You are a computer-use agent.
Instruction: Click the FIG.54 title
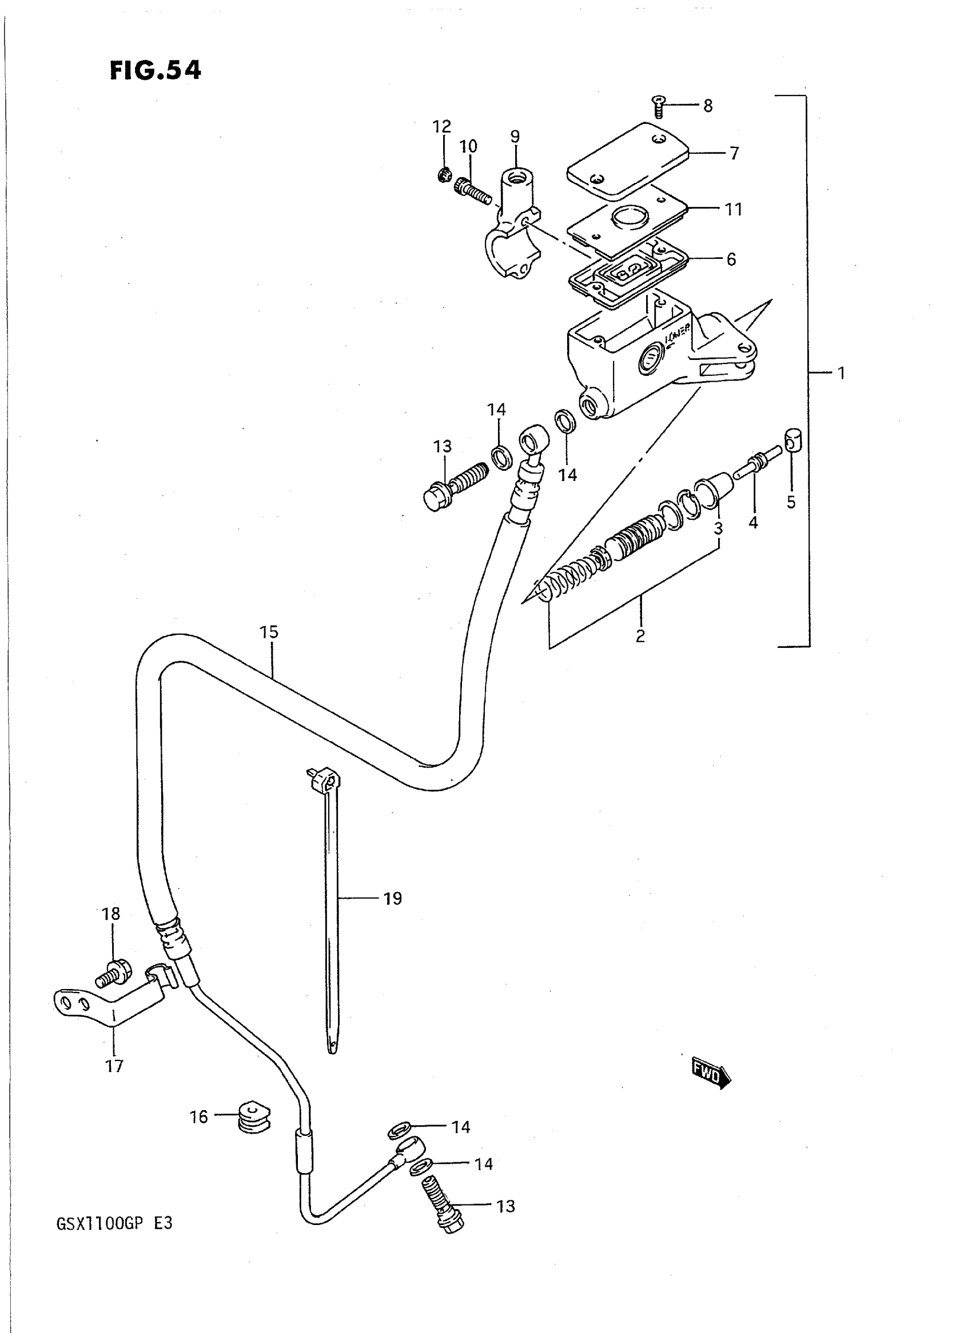156,70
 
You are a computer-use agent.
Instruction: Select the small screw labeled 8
659,107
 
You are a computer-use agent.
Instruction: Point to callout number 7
734,154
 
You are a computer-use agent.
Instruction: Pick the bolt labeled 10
472,191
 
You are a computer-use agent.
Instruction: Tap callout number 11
733,209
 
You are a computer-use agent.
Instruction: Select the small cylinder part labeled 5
792,441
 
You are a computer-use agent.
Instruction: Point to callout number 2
640,635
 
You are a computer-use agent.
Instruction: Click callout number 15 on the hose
269,632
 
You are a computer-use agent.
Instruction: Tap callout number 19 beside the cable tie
392,898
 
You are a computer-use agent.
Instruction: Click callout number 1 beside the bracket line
842,373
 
